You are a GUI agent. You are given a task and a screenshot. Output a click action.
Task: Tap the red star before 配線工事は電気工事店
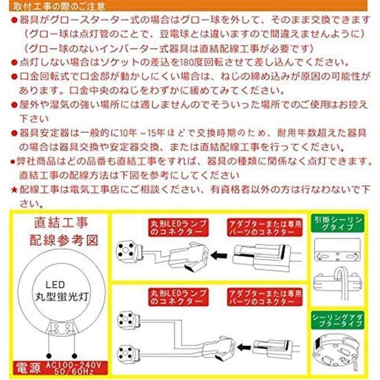click(x=14, y=190)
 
